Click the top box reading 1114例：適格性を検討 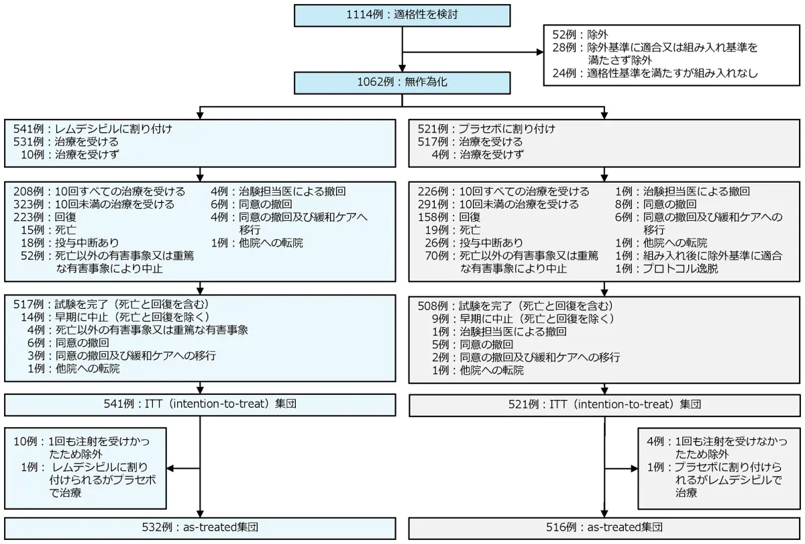(x=402, y=15)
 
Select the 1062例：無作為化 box (x=402, y=83)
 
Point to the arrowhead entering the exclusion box (x=540, y=52)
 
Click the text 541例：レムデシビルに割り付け (x=93, y=129)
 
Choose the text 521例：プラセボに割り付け (x=486, y=129)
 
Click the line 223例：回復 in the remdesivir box (x=45, y=217)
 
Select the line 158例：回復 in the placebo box (x=449, y=217)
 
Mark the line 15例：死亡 (x=48, y=230)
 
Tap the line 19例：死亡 (x=453, y=230)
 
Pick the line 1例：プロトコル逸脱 (x=667, y=269)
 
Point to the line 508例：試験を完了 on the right (x=516, y=306)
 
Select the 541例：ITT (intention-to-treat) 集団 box (x=200, y=405)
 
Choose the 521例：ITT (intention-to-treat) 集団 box (x=604, y=405)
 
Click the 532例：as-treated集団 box (x=200, y=528)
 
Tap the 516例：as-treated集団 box (x=604, y=528)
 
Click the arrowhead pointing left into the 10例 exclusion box (x=170, y=468)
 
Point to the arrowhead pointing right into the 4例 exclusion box (x=635, y=469)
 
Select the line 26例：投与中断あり (x=474, y=243)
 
